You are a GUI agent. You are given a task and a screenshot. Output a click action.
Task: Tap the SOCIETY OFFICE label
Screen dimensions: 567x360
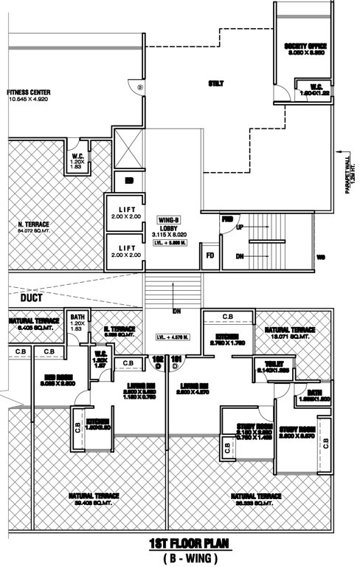(x=305, y=49)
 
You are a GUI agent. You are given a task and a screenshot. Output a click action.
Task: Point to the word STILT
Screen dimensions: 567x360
(x=215, y=83)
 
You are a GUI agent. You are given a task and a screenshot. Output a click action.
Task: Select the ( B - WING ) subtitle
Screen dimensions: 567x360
(x=179, y=558)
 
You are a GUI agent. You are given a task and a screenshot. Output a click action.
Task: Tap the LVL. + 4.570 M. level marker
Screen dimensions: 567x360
(x=173, y=337)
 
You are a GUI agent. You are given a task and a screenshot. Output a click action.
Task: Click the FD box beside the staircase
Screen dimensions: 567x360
(x=211, y=257)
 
